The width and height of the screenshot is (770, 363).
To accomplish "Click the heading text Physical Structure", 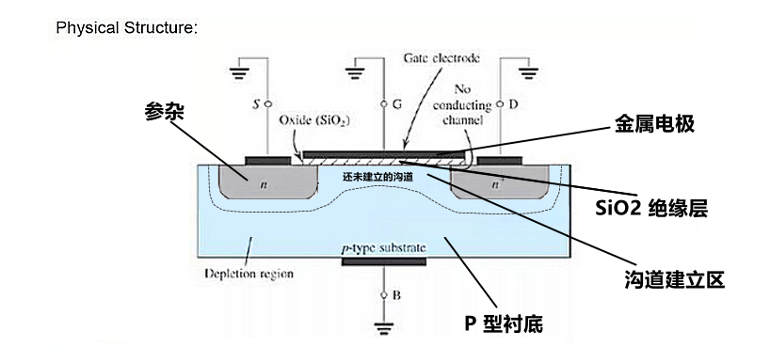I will pos(126,26).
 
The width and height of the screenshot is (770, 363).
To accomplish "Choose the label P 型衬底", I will pos(504,324).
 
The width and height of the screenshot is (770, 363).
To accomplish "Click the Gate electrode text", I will pos(441,57).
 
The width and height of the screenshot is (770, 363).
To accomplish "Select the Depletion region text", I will pos(249,275).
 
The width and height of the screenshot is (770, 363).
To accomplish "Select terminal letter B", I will pos(395,295).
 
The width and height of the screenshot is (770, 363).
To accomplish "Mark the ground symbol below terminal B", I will pos(382,329).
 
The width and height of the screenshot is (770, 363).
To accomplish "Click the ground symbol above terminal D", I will pos(527,70).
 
